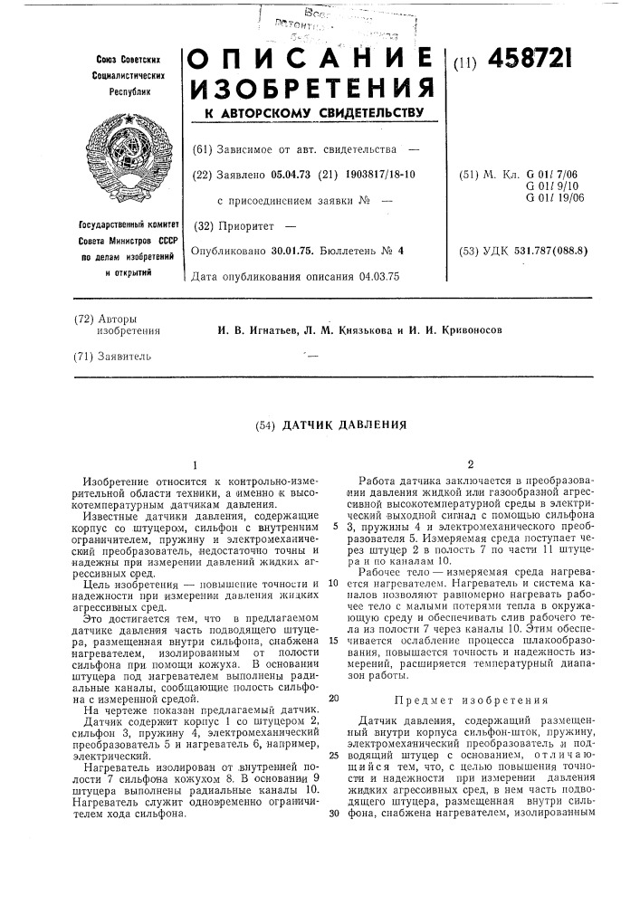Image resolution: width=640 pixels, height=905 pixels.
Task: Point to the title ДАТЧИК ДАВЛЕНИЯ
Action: [332, 424]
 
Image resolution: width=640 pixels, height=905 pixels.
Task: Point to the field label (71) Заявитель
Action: [113, 357]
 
